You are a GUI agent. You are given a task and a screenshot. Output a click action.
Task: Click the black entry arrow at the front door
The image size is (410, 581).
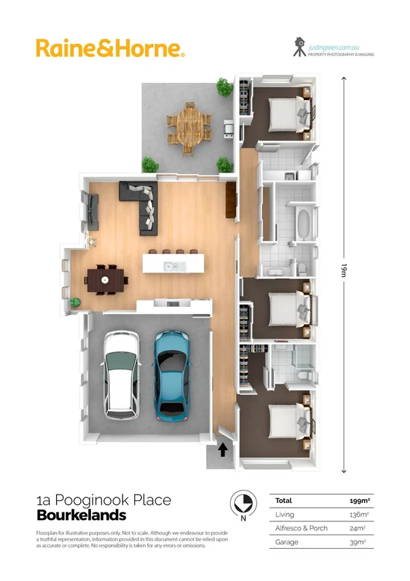pos(222,450)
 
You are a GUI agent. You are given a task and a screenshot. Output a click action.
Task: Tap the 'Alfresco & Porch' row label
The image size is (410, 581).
pos(302,528)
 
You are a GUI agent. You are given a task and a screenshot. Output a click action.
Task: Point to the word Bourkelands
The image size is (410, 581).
pos(81,516)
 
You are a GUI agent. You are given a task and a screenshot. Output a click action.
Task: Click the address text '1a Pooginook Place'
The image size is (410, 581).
pos(103,502)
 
